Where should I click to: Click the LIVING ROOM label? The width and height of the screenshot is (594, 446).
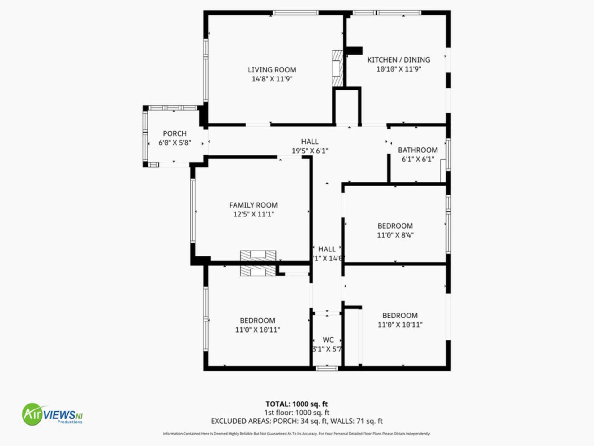coord(272,70)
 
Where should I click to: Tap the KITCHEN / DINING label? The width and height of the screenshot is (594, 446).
coord(398,60)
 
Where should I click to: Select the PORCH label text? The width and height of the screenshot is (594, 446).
coord(174,133)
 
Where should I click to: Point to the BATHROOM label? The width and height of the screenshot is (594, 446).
coord(418,150)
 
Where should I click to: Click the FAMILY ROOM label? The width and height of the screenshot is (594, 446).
coord(253,205)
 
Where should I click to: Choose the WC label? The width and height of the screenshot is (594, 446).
coord(328,340)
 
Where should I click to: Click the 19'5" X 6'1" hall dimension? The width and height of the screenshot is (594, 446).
coord(310,151)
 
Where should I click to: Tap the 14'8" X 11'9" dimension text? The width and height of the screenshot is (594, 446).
coord(272,79)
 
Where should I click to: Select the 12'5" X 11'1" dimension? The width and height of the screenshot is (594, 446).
coord(253,214)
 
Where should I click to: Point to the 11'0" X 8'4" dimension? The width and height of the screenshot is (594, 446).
coord(395,235)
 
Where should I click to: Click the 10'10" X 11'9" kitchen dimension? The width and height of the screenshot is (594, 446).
coord(398,69)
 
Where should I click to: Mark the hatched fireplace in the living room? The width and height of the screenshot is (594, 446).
coord(338,68)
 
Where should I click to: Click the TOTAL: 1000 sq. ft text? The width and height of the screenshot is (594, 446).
coord(296,404)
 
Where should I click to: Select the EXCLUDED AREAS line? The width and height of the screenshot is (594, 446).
coord(296,421)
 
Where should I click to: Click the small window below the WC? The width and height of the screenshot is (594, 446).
coord(327,368)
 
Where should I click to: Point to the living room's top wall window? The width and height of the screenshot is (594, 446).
coord(295,13)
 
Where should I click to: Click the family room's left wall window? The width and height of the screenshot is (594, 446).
coord(193,211)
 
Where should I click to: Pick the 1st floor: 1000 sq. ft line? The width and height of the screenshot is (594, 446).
coord(296,413)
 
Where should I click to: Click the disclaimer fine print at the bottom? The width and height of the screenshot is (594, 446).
coord(296,434)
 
